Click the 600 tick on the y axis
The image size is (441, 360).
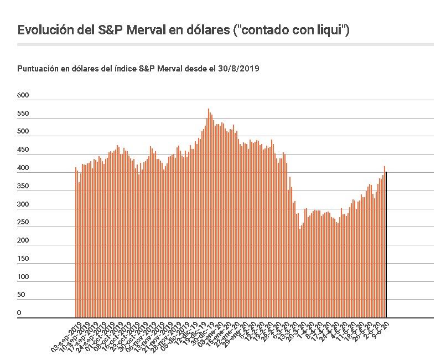[23, 95]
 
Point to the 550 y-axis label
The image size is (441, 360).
[23, 114]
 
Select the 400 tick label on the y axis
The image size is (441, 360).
[23, 168]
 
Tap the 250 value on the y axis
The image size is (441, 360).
[23, 222]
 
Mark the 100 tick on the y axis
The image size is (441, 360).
[23, 276]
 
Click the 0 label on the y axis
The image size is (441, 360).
[19, 313]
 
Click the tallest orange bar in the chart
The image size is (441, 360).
[209, 213]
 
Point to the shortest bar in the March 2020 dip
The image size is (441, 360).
[300, 274]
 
